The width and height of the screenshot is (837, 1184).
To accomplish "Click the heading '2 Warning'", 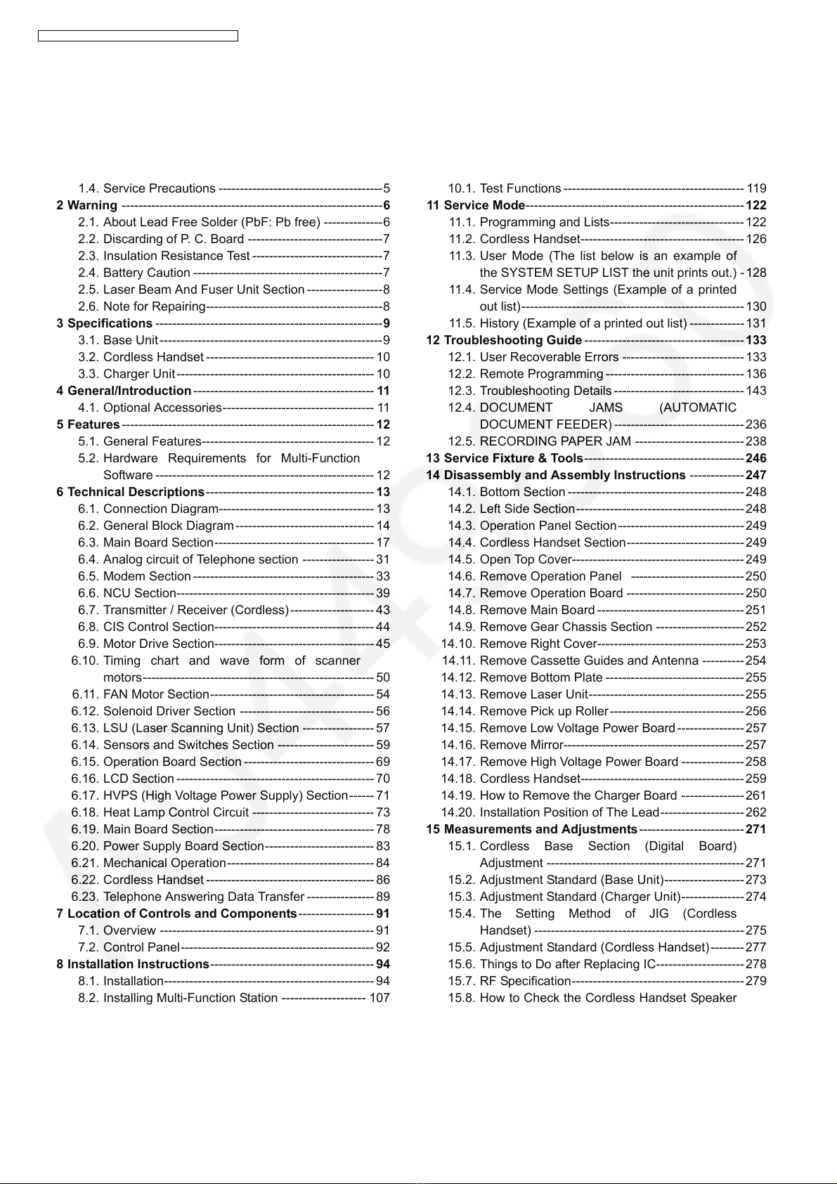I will pos(86,205).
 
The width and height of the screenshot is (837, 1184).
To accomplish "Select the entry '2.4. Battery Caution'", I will pos(134,273).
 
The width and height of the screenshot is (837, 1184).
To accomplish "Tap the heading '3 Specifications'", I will pos(104,323).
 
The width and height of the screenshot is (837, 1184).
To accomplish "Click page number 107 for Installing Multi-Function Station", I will pos(379,998).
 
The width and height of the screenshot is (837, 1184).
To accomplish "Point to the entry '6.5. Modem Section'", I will pos(135,576).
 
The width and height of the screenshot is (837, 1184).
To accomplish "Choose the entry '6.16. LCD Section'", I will pos(123,779).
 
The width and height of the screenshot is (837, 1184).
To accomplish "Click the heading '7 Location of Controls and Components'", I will pos(176,913).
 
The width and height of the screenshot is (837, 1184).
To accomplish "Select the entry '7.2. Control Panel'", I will pos(129,947).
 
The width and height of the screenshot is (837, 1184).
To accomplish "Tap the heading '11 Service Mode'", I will pos(476,205).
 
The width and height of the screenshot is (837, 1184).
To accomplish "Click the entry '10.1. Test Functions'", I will pos(505,188).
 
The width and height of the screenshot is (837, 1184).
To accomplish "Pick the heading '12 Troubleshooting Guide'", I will pos(504,340).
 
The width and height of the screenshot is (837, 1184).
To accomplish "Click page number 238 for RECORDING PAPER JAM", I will pos(756,441).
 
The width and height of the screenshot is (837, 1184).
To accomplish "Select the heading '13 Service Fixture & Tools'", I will pos(505,458).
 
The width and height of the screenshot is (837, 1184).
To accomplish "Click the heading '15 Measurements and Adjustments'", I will pos(531,829).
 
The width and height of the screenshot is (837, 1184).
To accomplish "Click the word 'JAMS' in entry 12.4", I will pos(606,408).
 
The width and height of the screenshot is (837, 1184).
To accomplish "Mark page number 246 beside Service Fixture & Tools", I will pos(756,458).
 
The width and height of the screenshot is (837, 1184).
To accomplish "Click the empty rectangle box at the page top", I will pos(138,36).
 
